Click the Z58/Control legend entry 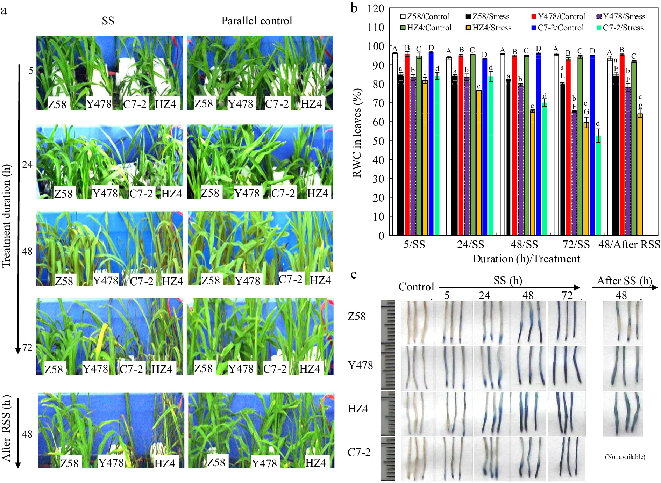click(425, 16)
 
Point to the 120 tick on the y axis click(376, 8)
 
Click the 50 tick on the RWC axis click(376, 141)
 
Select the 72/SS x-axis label click(576, 244)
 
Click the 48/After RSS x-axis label click(629, 244)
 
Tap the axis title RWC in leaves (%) click(357, 133)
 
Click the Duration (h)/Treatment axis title click(526, 259)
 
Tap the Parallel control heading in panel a click(257, 21)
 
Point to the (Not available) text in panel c click(625, 457)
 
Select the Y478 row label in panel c click(360, 365)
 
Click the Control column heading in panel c click(416, 287)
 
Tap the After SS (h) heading click(624, 281)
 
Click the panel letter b click(354, 8)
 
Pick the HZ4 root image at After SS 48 click(623, 414)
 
